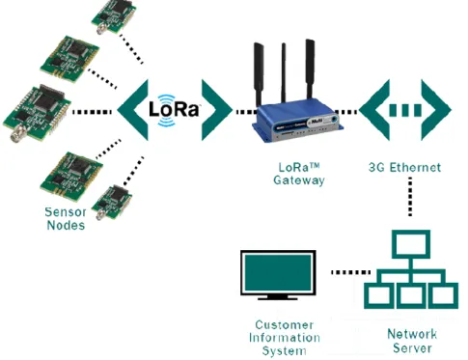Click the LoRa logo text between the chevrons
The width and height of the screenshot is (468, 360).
click(x=174, y=109)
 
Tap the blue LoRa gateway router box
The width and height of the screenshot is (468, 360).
click(x=297, y=120)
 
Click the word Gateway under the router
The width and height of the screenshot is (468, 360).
click(x=299, y=180)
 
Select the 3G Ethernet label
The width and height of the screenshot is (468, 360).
click(x=404, y=167)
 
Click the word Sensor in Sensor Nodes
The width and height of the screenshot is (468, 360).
click(x=66, y=212)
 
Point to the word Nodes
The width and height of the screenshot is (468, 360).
click(x=66, y=225)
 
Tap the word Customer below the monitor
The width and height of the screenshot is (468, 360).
click(x=285, y=324)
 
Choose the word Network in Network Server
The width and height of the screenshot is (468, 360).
click(x=412, y=334)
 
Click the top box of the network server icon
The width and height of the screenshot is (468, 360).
click(x=411, y=244)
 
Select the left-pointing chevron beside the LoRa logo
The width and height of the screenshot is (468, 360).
click(x=132, y=110)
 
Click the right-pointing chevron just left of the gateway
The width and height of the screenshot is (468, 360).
click(x=217, y=110)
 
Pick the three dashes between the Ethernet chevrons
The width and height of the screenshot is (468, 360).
click(x=405, y=110)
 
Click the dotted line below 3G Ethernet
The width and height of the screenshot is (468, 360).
click(x=410, y=196)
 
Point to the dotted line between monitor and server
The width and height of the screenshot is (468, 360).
click(x=350, y=272)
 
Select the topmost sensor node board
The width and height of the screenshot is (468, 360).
click(x=114, y=16)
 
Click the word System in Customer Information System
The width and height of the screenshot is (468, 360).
click(x=284, y=350)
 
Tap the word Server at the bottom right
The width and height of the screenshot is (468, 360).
click(x=412, y=348)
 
